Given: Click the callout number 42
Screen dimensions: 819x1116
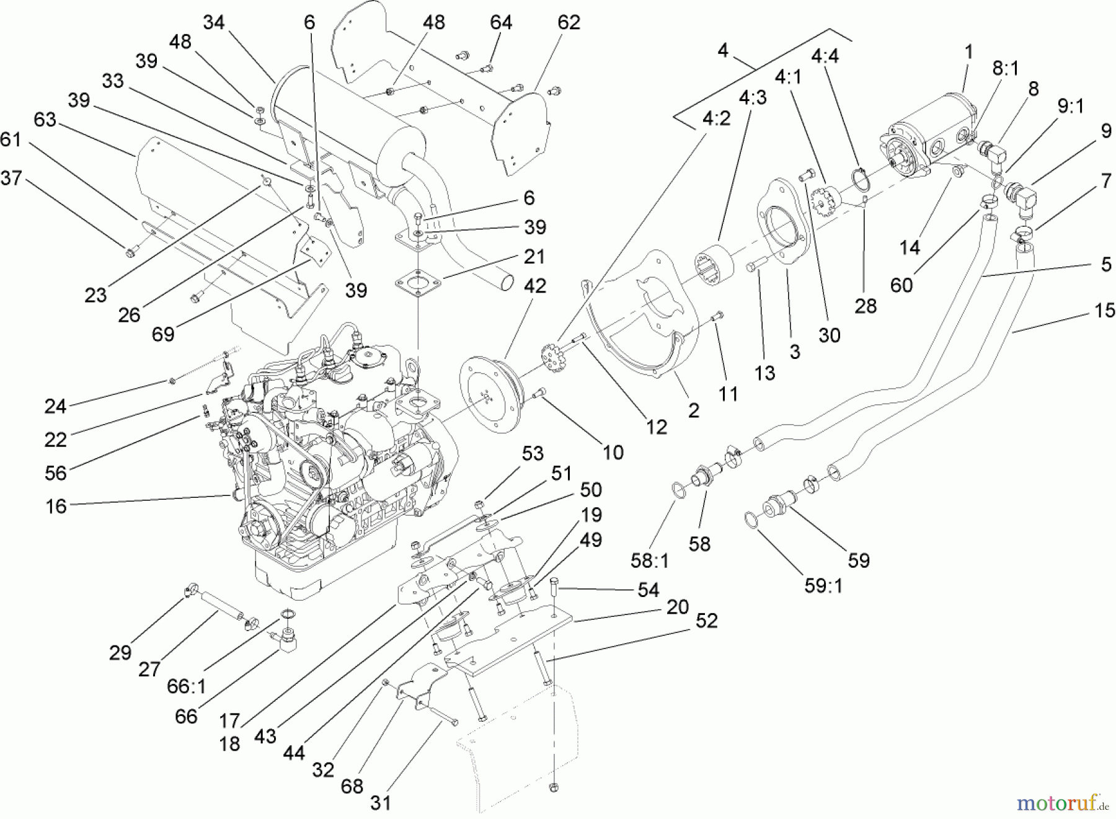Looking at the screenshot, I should (x=534, y=286).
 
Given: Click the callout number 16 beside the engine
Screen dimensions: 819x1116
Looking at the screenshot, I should (x=56, y=506).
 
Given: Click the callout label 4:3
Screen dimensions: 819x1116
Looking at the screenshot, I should (x=752, y=98).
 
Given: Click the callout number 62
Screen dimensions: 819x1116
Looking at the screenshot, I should (x=569, y=22).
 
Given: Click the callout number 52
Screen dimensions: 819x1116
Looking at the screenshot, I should (x=706, y=620).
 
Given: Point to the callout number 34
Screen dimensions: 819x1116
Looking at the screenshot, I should (x=214, y=22).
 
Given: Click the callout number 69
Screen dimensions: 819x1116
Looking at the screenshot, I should (x=163, y=334).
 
